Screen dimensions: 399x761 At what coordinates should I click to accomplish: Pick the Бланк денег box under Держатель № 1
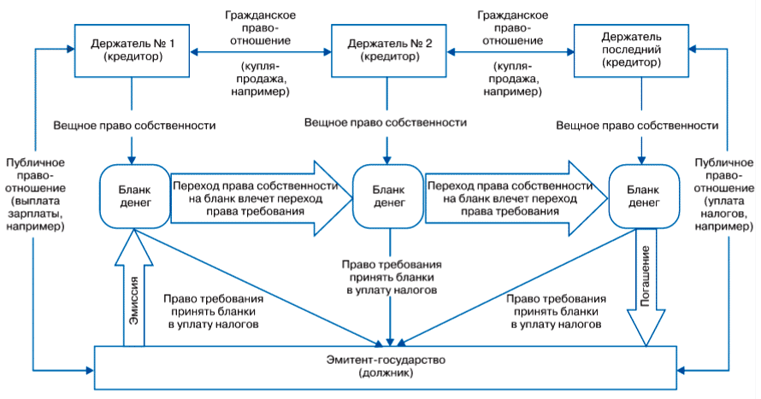(x=131, y=196)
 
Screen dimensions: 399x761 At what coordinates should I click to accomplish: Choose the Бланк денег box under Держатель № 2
(x=385, y=196)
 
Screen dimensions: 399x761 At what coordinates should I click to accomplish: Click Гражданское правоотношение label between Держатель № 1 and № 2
(x=260, y=27)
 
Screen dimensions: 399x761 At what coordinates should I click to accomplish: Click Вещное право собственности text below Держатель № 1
(x=134, y=126)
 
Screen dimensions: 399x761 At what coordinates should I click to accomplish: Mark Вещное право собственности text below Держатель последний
(x=637, y=126)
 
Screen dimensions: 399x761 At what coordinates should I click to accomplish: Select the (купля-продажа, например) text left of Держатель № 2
(x=260, y=79)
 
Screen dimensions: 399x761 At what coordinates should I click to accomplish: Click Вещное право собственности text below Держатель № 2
(x=385, y=123)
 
